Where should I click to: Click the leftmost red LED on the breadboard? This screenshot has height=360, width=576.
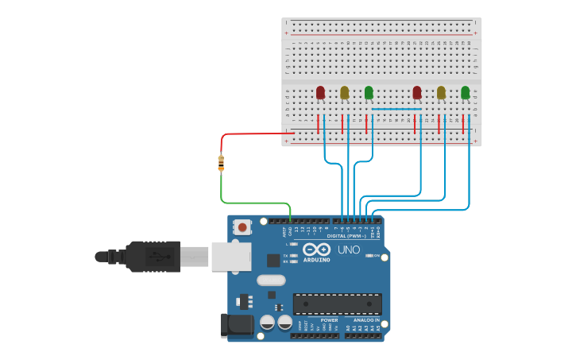(320, 93)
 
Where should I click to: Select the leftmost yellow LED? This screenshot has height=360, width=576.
(344, 93)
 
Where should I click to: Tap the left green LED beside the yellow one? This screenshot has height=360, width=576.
(369, 93)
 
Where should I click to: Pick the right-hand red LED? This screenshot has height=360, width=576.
(417, 93)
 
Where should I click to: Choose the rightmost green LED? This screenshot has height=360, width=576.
(466, 93)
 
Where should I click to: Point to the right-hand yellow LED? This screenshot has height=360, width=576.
(441, 93)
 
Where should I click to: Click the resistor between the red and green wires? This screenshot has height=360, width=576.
(221, 163)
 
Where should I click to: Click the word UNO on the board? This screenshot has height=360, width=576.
(350, 250)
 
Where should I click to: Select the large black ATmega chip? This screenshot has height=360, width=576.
(337, 304)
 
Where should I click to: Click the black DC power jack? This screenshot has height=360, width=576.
(237, 323)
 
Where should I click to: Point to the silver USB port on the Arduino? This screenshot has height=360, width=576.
(231, 256)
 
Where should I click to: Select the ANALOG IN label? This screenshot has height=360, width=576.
(366, 319)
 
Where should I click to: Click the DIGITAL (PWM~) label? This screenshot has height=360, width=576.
(346, 236)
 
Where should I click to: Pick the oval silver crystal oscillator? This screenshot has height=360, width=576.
(271, 280)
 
